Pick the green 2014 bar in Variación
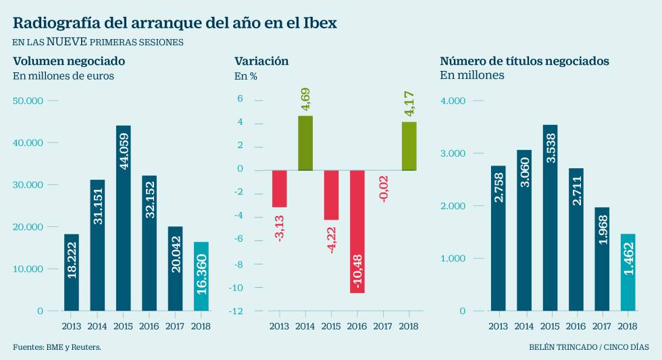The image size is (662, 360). click(x=305, y=143)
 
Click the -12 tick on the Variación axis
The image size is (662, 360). click(x=235, y=311)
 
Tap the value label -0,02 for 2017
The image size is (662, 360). click(x=383, y=187)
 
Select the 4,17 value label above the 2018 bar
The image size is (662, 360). click(x=409, y=109)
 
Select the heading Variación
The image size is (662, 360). click(x=261, y=61)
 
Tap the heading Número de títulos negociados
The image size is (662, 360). click(x=524, y=61)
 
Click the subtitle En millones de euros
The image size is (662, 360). click(x=63, y=76)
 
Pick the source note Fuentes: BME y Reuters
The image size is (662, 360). click(x=57, y=347)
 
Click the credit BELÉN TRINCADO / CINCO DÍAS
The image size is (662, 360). click(x=589, y=347)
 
